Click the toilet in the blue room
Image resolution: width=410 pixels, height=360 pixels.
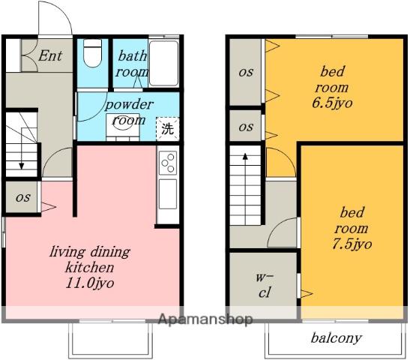coord(92,54)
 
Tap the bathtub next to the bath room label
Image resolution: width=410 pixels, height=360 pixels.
coord(163,63)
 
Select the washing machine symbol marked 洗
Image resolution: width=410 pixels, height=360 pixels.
coord(168,129)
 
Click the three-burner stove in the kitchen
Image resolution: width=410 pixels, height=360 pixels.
coord(168,163)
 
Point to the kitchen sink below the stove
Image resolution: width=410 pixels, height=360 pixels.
coord(168,194)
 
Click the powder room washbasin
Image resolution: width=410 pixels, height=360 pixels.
coord(123,125)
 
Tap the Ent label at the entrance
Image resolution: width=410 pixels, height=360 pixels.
coord(50,55)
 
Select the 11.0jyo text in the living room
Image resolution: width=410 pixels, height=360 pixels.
coord(89,283)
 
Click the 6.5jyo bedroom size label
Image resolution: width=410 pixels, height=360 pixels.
coord(332,103)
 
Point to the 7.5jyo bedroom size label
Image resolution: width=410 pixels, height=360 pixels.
coord(352,244)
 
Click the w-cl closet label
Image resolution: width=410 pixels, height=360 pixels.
coord(264,285)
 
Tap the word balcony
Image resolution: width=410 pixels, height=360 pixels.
coord(337,338)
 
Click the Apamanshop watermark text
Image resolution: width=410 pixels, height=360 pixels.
coord(205,319)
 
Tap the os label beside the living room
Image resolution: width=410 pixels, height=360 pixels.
coord(23,197)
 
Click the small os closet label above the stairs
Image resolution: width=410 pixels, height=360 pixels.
coord(246,127)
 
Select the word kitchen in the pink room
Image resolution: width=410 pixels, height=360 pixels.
coord(89,268)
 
